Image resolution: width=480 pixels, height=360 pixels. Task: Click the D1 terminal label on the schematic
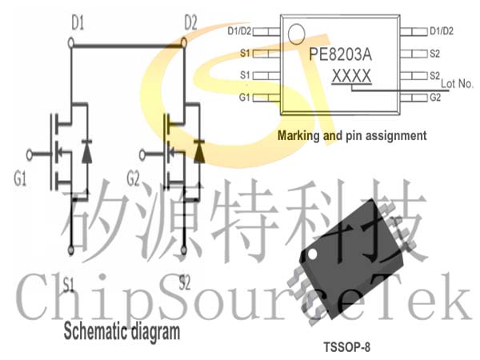pyautogui.click(x=78, y=23)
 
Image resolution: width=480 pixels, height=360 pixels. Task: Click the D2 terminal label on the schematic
pyautogui.click(x=190, y=22)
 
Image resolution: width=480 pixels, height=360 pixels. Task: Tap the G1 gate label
pyautogui.click(x=20, y=178)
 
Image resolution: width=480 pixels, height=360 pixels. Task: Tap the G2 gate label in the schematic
pyautogui.click(x=133, y=178)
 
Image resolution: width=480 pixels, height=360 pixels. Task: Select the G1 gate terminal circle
pyautogui.click(x=30, y=155)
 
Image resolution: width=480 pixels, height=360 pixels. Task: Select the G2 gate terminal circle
pyautogui.click(x=142, y=155)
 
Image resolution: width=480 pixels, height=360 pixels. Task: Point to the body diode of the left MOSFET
pyautogui.click(x=87, y=151)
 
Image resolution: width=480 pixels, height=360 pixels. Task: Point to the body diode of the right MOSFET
pyautogui.click(x=199, y=151)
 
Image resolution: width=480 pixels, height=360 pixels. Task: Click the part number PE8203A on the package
pyautogui.click(x=340, y=54)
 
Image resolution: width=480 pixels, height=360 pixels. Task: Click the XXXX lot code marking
pyautogui.click(x=352, y=76)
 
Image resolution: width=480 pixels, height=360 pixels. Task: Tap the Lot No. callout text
pyautogui.click(x=457, y=83)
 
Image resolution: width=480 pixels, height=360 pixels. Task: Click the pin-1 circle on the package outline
pyautogui.click(x=296, y=34)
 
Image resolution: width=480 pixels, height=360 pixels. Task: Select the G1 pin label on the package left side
pyautogui.click(x=245, y=98)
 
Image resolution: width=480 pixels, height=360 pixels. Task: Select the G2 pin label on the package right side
pyautogui.click(x=435, y=98)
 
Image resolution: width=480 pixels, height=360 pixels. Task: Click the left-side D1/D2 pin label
pyautogui.click(x=239, y=31)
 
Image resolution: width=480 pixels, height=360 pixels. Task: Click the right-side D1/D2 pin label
pyautogui.click(x=442, y=31)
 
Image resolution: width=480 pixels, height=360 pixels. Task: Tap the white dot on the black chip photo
pyautogui.click(x=312, y=254)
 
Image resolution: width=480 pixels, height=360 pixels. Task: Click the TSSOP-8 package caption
pyautogui.click(x=347, y=347)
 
